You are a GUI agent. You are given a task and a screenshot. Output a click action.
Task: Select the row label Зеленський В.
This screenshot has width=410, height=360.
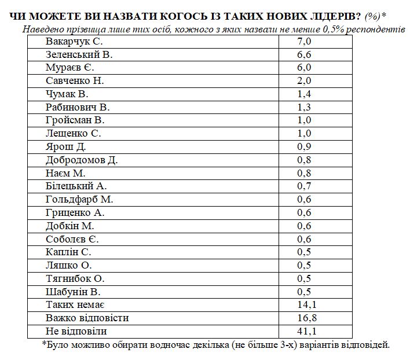tap(78, 55)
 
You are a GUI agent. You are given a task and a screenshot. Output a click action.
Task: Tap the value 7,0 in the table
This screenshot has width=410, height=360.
tap(304, 42)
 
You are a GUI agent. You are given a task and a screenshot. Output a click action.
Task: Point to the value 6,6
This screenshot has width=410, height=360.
tap(304, 55)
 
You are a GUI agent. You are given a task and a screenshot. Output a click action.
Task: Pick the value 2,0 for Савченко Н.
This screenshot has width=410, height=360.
tap(304, 81)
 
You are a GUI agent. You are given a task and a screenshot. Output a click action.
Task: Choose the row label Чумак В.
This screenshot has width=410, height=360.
tap(67, 94)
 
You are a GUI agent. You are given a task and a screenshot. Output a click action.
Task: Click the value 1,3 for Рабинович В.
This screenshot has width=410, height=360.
tap(304, 107)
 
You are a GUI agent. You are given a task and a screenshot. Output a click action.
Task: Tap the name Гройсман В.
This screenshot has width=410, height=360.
tap(75, 120)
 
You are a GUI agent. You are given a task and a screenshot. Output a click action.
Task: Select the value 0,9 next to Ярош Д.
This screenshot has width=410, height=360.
tap(304, 146)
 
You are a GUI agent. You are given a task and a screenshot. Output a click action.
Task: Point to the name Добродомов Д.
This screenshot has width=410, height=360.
tap(82, 160)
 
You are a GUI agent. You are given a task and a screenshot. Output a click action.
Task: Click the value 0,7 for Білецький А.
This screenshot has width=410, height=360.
tap(304, 186)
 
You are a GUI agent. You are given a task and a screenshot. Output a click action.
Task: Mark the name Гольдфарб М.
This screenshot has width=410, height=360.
tap(79, 199)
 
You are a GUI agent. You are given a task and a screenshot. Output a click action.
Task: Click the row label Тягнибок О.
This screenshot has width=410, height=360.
tap(75, 278)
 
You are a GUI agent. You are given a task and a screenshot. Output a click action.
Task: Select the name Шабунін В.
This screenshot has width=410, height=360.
tap(73, 291)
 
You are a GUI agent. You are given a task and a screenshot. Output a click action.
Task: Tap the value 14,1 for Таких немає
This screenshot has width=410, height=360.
tap(306, 304)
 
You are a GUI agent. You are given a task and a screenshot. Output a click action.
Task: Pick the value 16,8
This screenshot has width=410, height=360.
tap(306, 318)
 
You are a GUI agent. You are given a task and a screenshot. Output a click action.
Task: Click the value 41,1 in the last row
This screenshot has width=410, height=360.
tap(306, 331)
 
